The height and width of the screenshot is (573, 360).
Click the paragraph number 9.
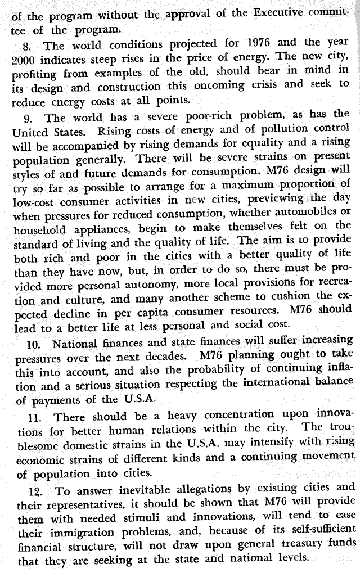(x=28, y=118)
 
